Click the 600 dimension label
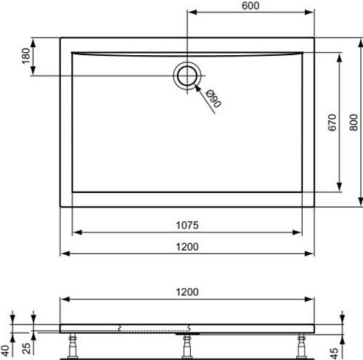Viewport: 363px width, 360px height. pyautogui.click(x=250, y=6)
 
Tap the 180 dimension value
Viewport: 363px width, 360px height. pyautogui.click(x=26, y=56)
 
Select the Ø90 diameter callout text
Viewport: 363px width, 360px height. pyautogui.click(x=213, y=99)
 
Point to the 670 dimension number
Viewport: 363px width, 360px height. pyautogui.click(x=333, y=123)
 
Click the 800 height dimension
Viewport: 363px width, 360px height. pyautogui.click(x=354, y=123)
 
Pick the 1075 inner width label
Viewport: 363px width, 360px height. pyautogui.click(x=187, y=225)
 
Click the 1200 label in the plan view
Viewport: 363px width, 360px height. pyautogui.click(x=187, y=247)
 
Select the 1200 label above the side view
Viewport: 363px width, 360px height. pyautogui.click(x=187, y=292)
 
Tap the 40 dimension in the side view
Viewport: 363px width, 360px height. pyautogui.click(x=5, y=351)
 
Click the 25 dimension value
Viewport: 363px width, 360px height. pyautogui.click(x=26, y=348)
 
